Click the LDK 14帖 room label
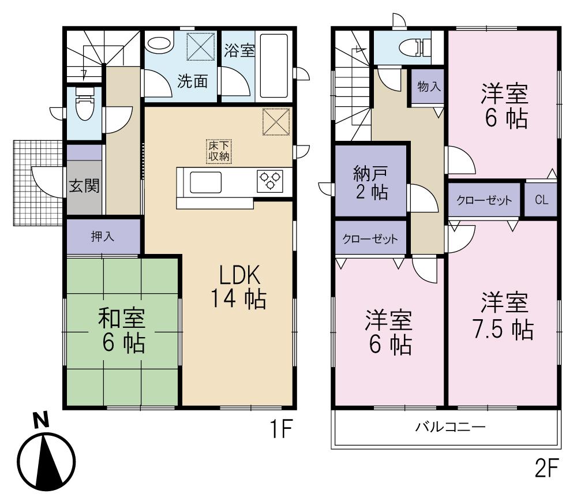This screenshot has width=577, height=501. [x=237, y=287]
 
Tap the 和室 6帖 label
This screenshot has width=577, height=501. [x=122, y=330]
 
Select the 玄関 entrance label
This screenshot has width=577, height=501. [x=84, y=186]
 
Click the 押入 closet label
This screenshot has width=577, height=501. [x=103, y=237]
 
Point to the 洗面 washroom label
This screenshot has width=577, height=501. [x=192, y=81]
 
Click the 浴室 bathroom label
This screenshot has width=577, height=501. [x=238, y=50]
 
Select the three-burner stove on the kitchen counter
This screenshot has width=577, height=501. [x=269, y=180]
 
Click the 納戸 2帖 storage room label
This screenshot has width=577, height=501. [x=370, y=182]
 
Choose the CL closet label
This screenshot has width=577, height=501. [x=541, y=200]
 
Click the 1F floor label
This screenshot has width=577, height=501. [x=280, y=430]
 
